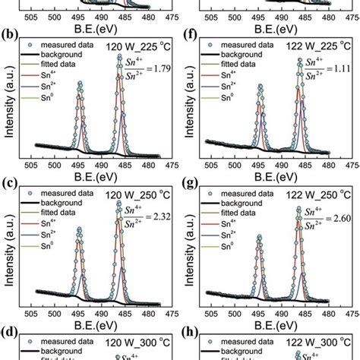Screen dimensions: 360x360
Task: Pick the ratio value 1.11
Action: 339,66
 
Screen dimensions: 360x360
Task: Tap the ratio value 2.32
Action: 162,216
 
